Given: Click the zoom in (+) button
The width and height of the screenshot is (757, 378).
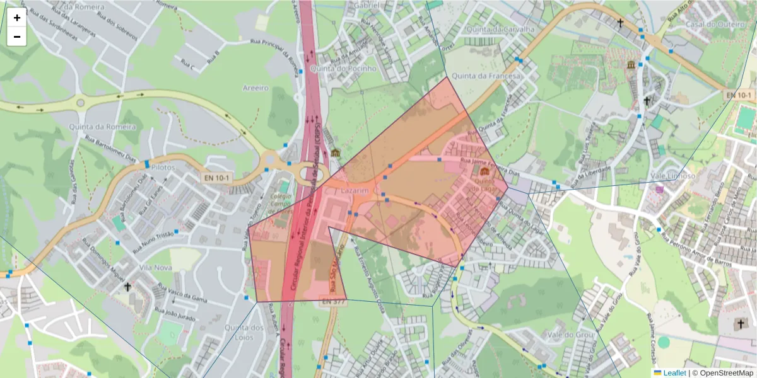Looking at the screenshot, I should [x=17, y=18].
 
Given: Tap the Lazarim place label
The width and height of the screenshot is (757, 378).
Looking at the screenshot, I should [x=354, y=190].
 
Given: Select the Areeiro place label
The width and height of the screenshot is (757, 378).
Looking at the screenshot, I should [x=255, y=88].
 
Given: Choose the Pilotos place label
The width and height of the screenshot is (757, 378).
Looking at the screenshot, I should [x=162, y=168].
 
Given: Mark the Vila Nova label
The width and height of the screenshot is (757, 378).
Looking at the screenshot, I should [x=156, y=267].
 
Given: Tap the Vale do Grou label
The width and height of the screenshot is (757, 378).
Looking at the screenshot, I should [x=572, y=335].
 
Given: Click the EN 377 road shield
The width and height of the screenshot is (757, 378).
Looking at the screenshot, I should [x=334, y=302].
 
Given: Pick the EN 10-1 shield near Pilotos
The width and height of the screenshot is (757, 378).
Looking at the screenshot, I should [x=217, y=178].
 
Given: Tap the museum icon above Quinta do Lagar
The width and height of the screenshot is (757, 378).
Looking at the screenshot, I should [x=484, y=171].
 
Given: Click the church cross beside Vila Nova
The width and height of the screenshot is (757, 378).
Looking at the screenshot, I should [x=128, y=287].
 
